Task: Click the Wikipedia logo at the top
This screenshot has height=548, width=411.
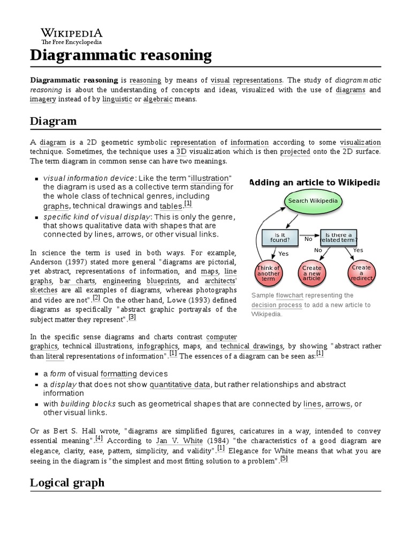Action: (x=66, y=35)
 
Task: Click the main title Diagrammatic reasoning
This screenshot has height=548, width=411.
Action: (x=120, y=55)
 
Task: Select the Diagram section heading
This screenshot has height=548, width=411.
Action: (x=53, y=121)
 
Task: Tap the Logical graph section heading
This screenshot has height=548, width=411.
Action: (x=67, y=483)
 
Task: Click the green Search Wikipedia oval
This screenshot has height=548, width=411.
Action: (x=313, y=201)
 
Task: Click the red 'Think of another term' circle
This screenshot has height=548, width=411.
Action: (x=269, y=273)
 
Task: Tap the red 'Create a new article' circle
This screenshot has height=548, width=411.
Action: (x=311, y=272)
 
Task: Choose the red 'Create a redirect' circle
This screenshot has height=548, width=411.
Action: (x=361, y=272)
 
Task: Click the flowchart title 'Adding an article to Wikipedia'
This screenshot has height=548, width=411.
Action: (x=315, y=182)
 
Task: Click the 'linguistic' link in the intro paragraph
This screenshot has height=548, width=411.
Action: (x=117, y=100)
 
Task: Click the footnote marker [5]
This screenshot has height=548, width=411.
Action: (x=284, y=459)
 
